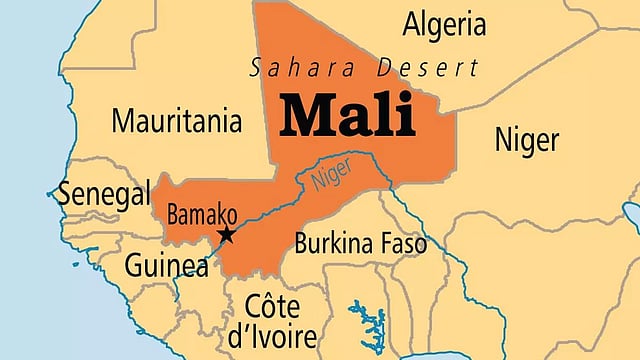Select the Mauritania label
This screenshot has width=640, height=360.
[x=176, y=121]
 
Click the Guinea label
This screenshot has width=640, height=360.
[x=159, y=266]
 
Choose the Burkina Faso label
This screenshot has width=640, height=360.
[x=360, y=243]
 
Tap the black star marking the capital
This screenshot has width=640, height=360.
[x=227, y=235]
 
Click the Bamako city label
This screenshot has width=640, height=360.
[x=202, y=214]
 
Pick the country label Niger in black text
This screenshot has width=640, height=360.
[x=526, y=139]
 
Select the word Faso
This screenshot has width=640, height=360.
[x=402, y=243]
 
